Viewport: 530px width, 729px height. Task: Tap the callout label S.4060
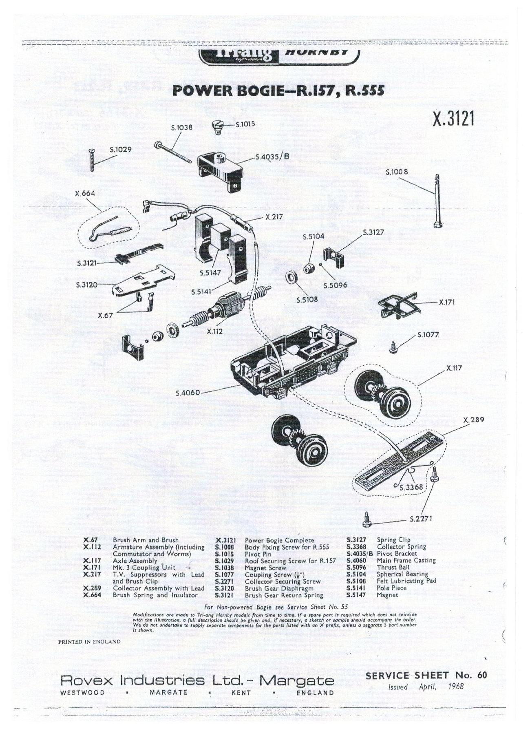[188, 393]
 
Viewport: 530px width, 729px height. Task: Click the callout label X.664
[85, 193]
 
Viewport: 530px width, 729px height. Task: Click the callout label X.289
[473, 420]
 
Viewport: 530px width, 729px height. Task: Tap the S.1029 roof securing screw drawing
[91, 160]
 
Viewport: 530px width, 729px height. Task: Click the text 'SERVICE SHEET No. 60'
[426, 675]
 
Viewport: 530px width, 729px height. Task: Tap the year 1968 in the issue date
[455, 686]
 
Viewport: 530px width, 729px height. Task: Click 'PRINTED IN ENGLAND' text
[89, 641]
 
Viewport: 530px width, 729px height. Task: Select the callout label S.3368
[411, 487]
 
